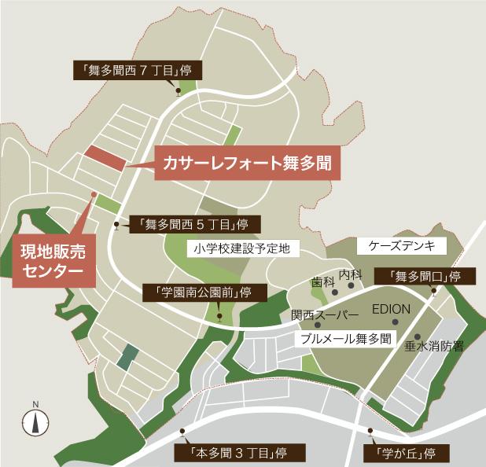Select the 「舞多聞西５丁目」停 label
click(x=190, y=224)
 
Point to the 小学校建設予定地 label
click(x=240, y=248)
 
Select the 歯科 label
click(x=322, y=281)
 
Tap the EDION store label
click(x=391, y=309)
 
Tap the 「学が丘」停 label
click(x=402, y=454)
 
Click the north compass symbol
click(x=35, y=422)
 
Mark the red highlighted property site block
click(x=105, y=158)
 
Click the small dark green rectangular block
click(x=126, y=360)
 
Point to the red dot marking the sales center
click(x=93, y=193)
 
